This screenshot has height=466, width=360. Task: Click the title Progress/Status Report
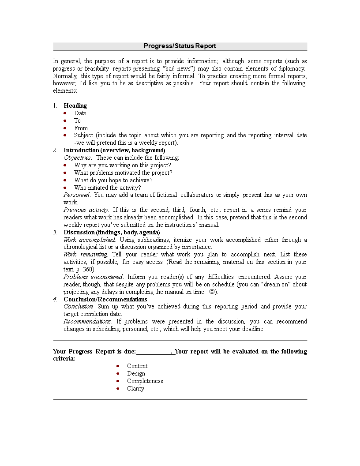[x=180, y=46]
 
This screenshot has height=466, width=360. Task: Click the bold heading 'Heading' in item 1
[x=75, y=105]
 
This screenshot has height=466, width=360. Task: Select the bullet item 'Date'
[x=80, y=113]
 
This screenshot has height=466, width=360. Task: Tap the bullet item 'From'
[x=81, y=128]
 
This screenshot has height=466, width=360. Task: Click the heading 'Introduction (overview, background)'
[x=114, y=150]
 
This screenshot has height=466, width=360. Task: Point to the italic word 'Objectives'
[x=77, y=158]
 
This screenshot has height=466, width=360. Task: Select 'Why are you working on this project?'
[x=122, y=165]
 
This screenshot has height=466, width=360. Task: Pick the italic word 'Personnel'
[x=77, y=195]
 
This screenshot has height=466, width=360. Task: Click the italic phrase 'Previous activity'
[x=86, y=210]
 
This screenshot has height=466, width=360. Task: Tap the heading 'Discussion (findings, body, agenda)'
[x=112, y=232]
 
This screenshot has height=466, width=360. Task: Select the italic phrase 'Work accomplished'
[x=89, y=240]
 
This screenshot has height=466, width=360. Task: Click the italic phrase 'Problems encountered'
[x=93, y=277]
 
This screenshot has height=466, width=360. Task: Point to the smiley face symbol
[x=212, y=292]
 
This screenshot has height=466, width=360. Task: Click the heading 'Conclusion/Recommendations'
[x=105, y=299]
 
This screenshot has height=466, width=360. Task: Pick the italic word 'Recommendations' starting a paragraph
[x=87, y=322]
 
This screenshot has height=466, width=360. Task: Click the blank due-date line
[x=154, y=352]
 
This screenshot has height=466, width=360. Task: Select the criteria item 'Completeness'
[x=145, y=381]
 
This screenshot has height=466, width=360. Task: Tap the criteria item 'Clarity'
[x=135, y=388]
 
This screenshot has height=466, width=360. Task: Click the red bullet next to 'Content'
[x=118, y=366]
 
